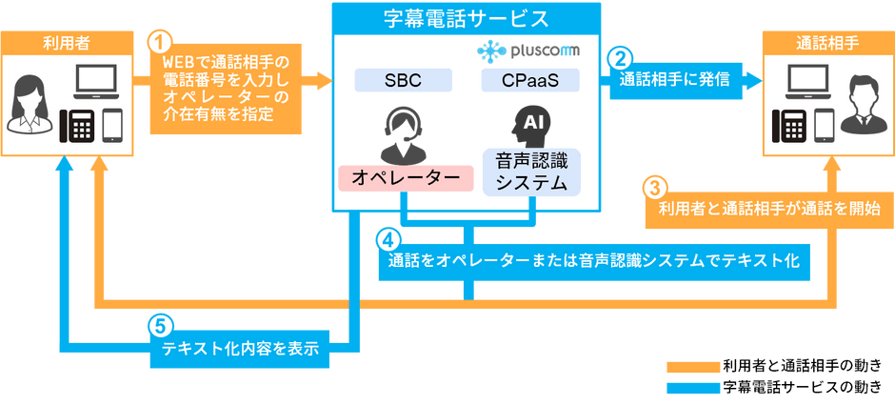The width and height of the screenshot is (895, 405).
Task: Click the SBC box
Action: click(404, 81)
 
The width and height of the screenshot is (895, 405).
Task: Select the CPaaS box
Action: click(530, 81)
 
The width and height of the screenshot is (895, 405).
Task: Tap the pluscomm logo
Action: click(528, 51)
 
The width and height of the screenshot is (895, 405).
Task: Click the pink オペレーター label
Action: click(406, 178)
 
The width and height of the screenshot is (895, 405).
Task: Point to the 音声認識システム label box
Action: click(531, 172)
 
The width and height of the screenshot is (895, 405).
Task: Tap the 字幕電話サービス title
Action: click(467, 19)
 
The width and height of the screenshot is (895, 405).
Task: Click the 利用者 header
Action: click(67, 42)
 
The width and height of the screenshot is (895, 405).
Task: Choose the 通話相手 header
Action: click(827, 42)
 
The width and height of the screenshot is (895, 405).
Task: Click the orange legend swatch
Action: click(692, 366)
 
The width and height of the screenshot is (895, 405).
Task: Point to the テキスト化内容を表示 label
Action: click(240, 348)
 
